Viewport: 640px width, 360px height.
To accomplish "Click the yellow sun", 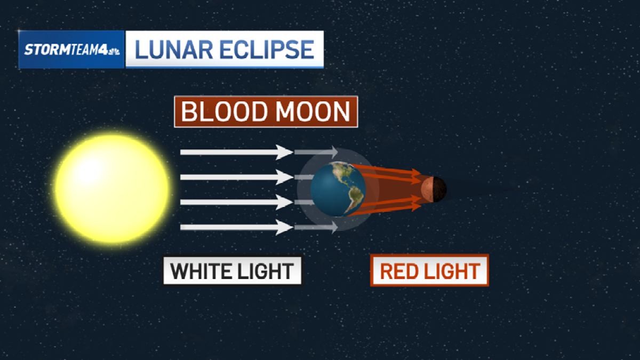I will pos(112,189).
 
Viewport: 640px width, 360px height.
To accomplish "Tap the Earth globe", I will pos(338,189).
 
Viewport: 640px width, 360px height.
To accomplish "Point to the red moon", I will pos(433,189).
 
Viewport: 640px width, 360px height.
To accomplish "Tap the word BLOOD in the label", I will pos(223,112).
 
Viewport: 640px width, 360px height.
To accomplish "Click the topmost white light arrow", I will pos(235,152).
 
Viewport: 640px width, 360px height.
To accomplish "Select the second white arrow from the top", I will pos(235,177).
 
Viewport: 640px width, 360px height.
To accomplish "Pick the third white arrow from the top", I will pos(235,202).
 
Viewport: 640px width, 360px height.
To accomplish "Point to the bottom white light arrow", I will pos(235,227).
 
